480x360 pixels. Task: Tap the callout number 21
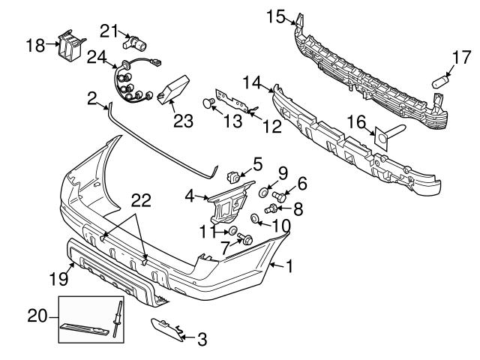[x=110, y=31]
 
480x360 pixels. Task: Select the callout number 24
[x=96, y=57]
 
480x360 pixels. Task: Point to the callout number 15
[x=276, y=16]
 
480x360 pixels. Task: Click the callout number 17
[x=461, y=57]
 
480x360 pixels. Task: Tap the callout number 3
[x=201, y=340]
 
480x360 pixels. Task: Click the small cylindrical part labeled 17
[x=442, y=79]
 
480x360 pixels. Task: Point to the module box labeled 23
[x=175, y=88]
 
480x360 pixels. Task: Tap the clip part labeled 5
[x=232, y=177]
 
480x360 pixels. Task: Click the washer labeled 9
[x=265, y=193]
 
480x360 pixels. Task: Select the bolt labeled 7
[x=245, y=240]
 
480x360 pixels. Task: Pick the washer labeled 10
[x=256, y=219]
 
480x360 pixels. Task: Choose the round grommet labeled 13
[x=211, y=103]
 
